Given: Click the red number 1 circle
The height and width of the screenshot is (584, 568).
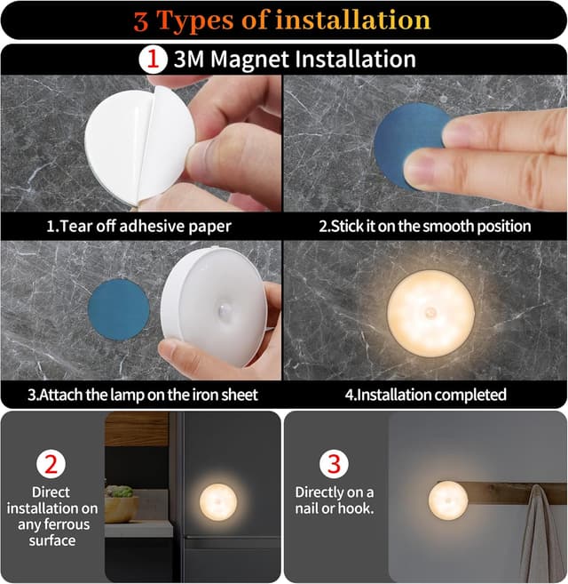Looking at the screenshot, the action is [x=153, y=60].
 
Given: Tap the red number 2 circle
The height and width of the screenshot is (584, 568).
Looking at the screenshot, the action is [x=51, y=464].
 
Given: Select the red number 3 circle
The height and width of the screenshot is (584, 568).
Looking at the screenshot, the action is [x=334, y=464].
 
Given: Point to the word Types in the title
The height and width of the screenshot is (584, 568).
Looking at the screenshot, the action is [x=195, y=20].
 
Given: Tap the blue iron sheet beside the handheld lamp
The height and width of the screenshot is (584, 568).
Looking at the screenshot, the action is [x=119, y=310].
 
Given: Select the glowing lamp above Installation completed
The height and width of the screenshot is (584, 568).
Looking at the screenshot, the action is [x=430, y=314].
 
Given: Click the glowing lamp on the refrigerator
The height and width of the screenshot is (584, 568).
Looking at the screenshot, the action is [x=218, y=502].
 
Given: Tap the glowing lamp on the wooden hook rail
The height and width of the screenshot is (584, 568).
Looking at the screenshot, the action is [x=448, y=500].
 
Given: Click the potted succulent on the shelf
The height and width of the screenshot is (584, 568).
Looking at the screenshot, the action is [x=121, y=503].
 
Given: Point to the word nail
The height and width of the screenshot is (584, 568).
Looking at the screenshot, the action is [x=307, y=508].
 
